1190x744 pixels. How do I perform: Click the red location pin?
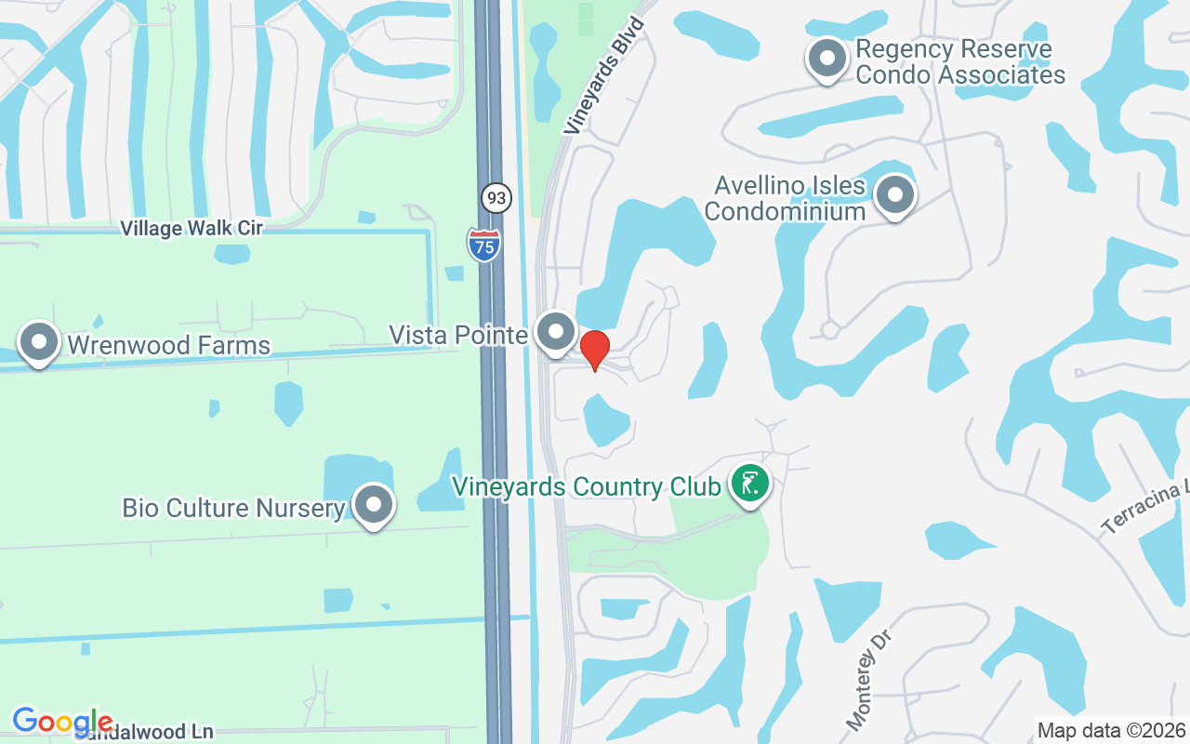[594, 350]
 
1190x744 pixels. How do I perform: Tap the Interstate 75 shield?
[483, 244]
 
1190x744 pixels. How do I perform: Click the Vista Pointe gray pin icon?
[557, 332]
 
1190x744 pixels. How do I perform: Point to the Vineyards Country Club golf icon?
[749, 483]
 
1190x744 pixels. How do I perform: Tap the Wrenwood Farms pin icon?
[39, 342]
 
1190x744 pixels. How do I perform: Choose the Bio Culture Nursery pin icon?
[374, 505]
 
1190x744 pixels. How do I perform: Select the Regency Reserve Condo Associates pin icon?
[826, 58]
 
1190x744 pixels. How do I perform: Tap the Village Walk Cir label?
[192, 228]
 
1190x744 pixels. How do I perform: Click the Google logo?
[62, 721]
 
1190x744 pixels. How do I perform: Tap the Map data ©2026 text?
[1111, 730]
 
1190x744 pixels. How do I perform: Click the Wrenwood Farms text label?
[168, 346]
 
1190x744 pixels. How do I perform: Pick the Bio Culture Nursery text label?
[233, 508]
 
